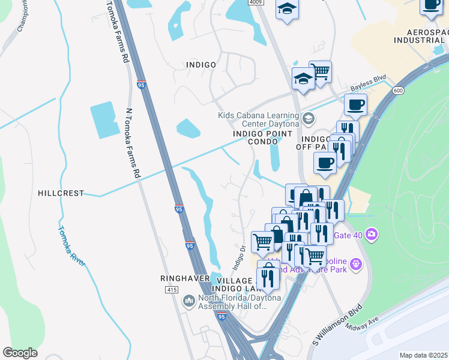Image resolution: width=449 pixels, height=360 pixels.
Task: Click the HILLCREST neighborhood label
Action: tap(60, 193)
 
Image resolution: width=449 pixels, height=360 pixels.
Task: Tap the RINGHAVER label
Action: tap(184, 278)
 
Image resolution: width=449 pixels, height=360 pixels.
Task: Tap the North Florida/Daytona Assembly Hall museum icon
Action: tap(189, 300)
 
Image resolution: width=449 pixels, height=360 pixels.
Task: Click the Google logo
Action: tap(20, 353)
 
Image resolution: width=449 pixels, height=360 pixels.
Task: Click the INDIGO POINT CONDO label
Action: tap(263, 137)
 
